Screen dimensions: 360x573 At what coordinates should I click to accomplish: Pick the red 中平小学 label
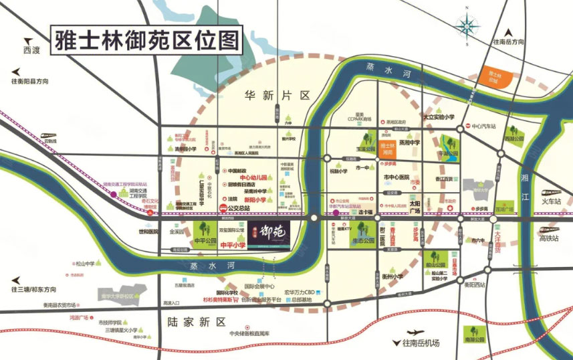[x=233, y=246]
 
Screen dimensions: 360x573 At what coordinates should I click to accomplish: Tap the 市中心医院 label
[x=396, y=177]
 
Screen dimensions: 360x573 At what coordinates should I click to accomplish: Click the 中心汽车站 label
[x=485, y=126]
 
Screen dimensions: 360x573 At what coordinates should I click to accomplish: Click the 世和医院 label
[x=149, y=232]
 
